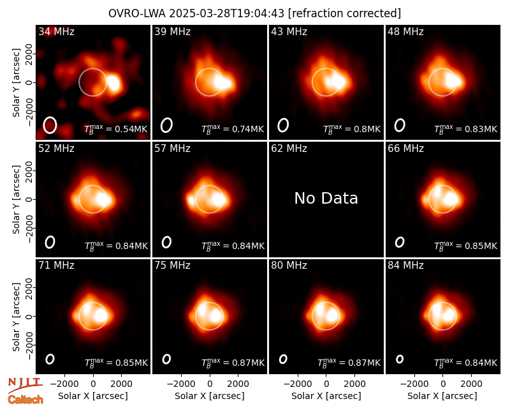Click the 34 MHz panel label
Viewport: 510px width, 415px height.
[56, 31]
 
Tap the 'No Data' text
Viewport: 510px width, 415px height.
[326, 198]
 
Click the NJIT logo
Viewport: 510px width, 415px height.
[25, 386]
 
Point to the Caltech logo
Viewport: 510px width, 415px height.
[25, 400]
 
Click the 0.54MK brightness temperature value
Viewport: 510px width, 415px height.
[127, 129]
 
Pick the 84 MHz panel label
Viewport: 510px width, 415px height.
[405, 266]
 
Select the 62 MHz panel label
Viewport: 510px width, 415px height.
[289, 149]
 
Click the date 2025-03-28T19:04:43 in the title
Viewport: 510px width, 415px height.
[227, 13]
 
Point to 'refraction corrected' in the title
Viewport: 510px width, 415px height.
[344, 13]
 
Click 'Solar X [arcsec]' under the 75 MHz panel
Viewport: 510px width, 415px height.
[210, 396]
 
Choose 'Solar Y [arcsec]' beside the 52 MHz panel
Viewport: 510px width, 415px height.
[16, 199]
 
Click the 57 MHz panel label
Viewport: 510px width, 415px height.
[172, 149]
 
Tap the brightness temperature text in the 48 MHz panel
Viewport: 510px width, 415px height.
[466, 129]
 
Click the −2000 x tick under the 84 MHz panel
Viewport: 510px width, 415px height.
[414, 384]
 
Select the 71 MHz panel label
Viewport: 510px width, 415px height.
[56, 266]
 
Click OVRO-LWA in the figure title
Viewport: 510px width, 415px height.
[137, 13]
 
